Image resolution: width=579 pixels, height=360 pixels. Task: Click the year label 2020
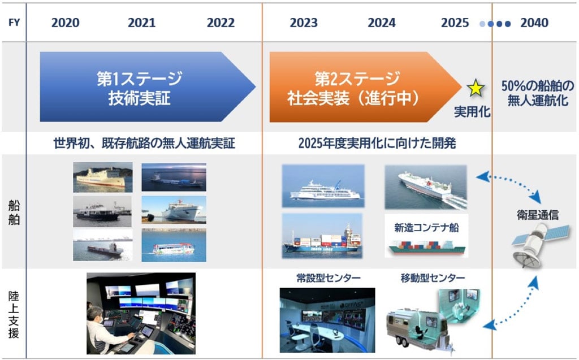tap(65, 23)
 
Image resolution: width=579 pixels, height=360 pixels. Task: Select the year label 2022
tap(221, 23)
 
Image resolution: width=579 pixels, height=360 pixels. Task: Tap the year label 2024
tap(382, 23)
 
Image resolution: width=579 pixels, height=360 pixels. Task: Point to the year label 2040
tap(534, 23)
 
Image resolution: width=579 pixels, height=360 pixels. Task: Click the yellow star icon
tap(476, 88)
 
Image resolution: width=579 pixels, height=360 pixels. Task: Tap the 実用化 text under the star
tap(472, 111)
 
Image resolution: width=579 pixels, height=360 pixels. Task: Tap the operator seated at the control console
tap(107, 328)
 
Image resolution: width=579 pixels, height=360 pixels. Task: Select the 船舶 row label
tap(14, 212)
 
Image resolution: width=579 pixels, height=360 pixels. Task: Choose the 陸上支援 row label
tap(14, 314)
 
